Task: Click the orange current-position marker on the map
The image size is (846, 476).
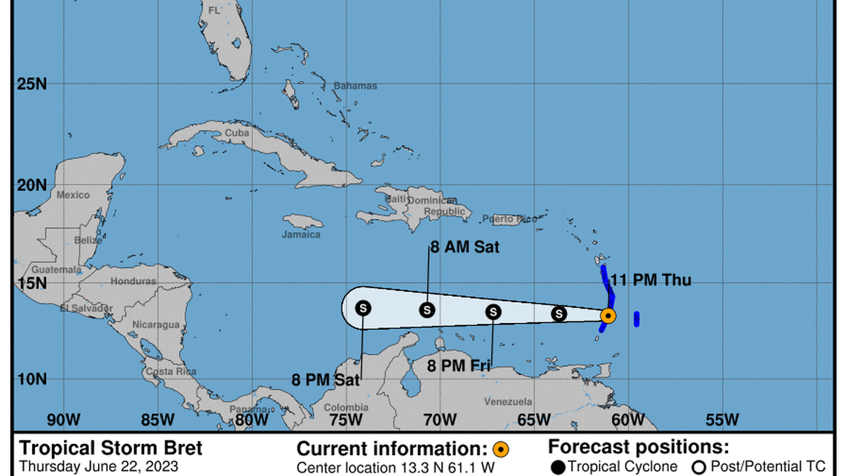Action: (x=608, y=316)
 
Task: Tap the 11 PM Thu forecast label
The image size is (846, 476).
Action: (x=650, y=281)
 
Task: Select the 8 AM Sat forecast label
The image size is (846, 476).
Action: (x=465, y=248)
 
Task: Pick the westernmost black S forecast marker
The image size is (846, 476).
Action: (x=363, y=307)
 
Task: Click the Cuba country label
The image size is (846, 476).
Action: (x=237, y=133)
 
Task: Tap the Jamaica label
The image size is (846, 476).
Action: (x=301, y=235)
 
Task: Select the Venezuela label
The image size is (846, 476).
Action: (x=508, y=402)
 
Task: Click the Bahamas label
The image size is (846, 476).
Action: (x=355, y=85)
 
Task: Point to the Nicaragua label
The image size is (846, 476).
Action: (x=156, y=325)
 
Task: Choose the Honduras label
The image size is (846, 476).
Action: (x=134, y=281)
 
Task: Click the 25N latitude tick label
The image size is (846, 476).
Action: (x=32, y=84)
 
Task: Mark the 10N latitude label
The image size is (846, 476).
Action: (x=32, y=379)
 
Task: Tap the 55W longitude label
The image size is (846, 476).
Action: (x=721, y=420)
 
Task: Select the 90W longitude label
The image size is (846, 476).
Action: (x=63, y=420)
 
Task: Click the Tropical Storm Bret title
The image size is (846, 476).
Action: (x=111, y=449)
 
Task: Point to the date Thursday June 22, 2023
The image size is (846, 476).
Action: (x=98, y=467)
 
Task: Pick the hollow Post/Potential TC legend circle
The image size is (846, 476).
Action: (x=698, y=467)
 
